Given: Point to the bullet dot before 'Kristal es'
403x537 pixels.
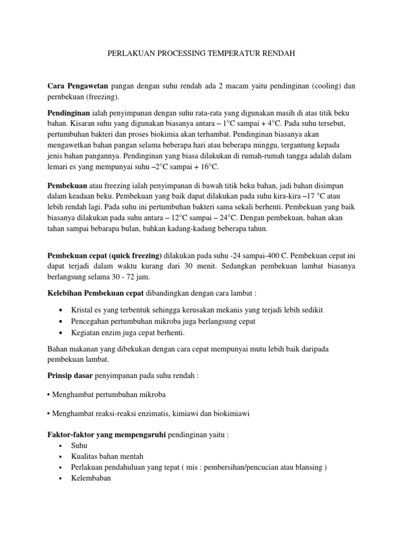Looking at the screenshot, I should [x=63, y=310].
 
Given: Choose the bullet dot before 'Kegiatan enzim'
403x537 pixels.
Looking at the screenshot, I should [x=63, y=333].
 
